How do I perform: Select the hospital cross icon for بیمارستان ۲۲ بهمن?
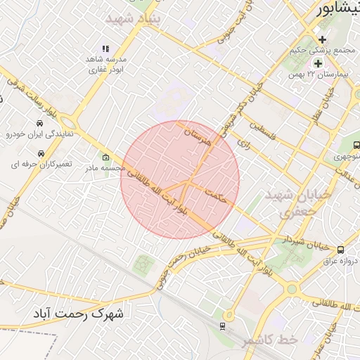(318, 63)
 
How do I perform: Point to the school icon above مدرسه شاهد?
(105, 49)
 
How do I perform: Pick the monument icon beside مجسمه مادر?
(106, 157)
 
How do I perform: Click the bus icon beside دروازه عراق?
(341, 250)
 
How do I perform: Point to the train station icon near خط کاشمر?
(223, 326)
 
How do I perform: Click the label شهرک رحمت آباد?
(78, 314)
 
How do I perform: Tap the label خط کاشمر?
(270, 340)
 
